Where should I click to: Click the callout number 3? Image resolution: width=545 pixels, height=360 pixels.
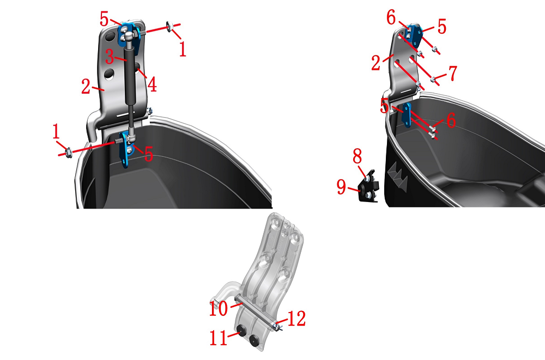(x=110, y=57)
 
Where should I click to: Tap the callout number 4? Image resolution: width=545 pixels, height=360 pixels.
(x=152, y=84)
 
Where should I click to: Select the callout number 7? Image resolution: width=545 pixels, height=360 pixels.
(x=452, y=73)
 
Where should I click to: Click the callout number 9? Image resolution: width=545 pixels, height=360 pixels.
(x=341, y=187)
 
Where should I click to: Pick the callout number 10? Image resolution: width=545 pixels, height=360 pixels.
(x=219, y=308)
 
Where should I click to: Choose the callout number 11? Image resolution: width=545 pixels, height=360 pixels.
(x=219, y=338)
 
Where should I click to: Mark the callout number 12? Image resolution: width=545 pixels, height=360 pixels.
(x=296, y=318)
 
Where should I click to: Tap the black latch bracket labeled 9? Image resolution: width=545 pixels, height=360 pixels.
(x=368, y=186)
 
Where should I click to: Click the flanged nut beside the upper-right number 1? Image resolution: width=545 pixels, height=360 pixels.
(x=170, y=26)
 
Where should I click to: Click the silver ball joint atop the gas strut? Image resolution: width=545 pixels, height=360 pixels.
(x=128, y=36)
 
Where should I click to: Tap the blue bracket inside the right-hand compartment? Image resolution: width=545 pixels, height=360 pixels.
(x=407, y=115)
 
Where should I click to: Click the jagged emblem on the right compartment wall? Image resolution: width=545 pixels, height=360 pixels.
(x=398, y=176)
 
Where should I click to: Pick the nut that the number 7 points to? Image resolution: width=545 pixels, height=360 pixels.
(x=433, y=80)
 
